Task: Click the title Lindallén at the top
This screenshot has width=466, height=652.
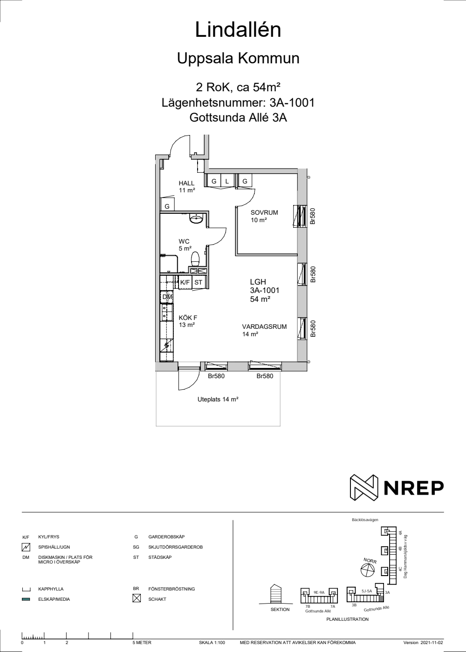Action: pos(238,30)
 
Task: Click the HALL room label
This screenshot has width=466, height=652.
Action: pos(186,183)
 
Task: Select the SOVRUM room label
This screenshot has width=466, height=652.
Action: pos(264,212)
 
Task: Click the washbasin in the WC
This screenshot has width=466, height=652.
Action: pos(197,219)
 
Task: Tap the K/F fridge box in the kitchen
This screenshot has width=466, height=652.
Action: pos(185,282)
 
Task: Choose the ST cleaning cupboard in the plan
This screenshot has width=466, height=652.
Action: pos(199,282)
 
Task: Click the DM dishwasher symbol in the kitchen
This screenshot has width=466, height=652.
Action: pos(167,297)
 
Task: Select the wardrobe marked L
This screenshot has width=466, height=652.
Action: pos(227,181)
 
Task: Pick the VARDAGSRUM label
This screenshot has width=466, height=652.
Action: pos(265,326)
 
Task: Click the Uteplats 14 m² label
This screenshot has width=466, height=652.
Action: pos(218,400)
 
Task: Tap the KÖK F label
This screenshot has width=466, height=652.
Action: pos(188,318)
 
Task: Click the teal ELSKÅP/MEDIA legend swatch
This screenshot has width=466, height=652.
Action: pos(26,599)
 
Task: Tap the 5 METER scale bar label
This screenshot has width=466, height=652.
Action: pos(142,643)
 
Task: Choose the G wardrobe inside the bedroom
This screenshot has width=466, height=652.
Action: pos(245,181)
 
